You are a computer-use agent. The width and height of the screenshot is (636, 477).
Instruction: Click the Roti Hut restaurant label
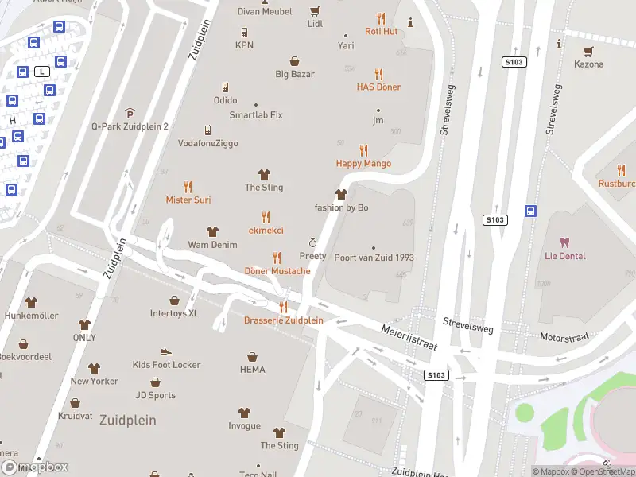click(x=381, y=31)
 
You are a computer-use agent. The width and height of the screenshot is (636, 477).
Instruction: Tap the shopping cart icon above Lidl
click(x=315, y=11)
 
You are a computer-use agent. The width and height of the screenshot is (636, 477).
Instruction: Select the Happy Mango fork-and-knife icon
click(x=363, y=149)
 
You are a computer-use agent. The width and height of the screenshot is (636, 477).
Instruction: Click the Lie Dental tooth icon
click(x=565, y=242)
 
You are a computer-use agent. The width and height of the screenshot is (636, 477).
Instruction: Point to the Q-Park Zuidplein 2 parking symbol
click(x=130, y=114)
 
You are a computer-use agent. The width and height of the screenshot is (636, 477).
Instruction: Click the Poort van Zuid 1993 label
click(x=374, y=258)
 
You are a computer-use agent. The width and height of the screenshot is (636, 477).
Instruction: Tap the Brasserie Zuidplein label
click(x=283, y=320)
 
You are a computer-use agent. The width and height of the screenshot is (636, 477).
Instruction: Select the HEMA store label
click(x=252, y=370)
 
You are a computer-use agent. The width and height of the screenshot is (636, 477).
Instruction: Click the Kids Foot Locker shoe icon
click(x=166, y=351)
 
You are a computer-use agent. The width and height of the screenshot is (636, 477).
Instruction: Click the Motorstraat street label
click(x=564, y=338)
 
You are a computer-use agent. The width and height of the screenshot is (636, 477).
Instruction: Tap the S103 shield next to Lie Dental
click(x=494, y=219)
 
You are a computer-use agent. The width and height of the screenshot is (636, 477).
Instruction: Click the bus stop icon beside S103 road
click(x=530, y=211)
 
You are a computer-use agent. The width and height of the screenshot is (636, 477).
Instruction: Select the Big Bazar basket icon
click(x=294, y=60)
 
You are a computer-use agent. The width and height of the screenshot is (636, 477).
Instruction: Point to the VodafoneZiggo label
click(x=207, y=143)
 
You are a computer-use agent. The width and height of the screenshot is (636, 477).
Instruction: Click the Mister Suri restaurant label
click(x=188, y=200)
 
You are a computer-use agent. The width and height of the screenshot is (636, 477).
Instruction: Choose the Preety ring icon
click(x=312, y=242)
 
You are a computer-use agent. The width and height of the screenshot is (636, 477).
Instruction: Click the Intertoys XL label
click(x=174, y=313)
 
